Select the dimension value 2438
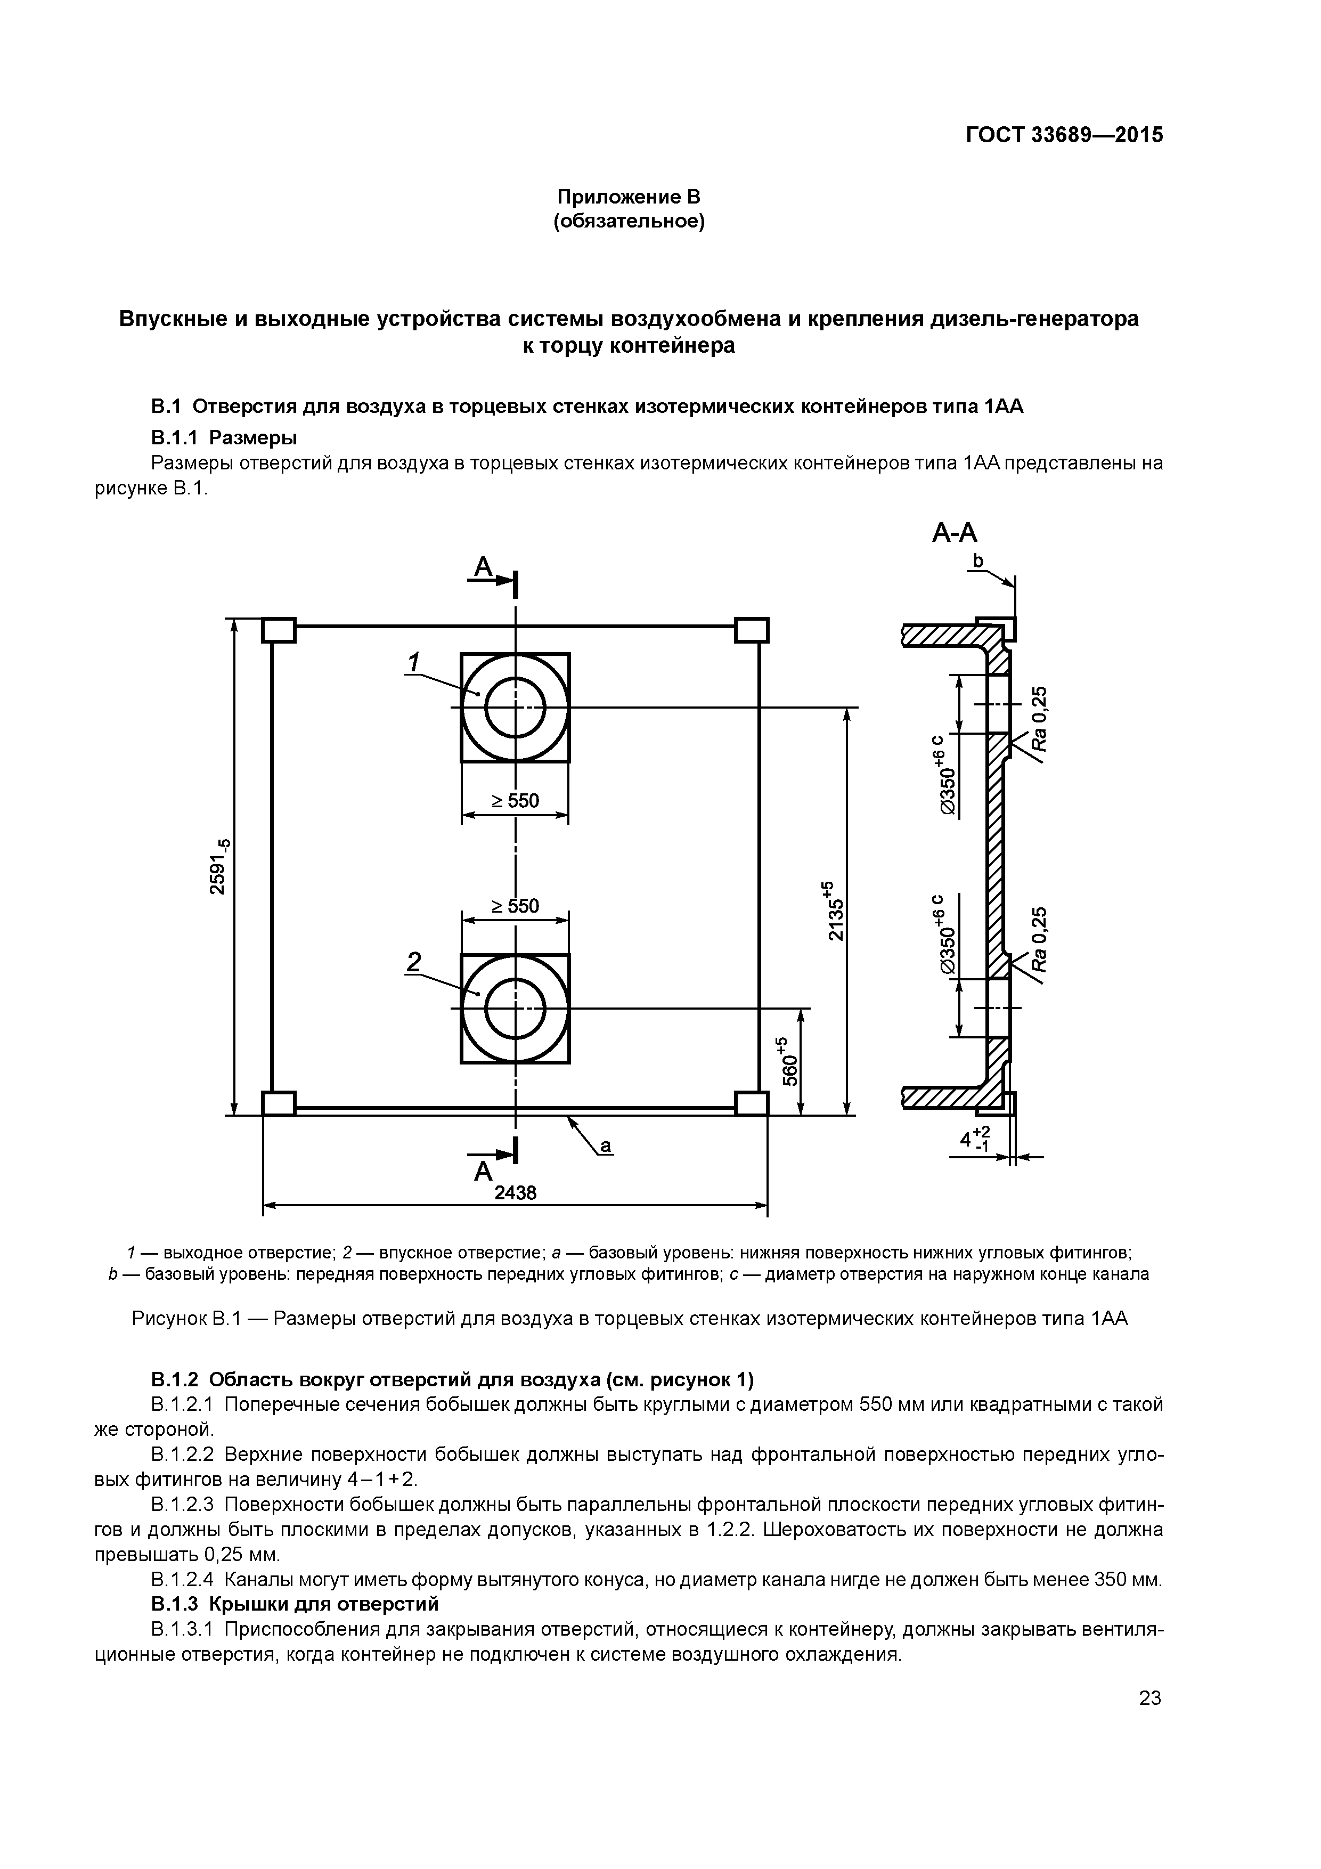pos(515,1193)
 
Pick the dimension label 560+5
pos(789,1061)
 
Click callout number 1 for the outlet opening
pos(413,663)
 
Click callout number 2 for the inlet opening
pos(413,962)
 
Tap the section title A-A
pos(954,533)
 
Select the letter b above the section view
pos(978,561)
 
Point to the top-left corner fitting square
pos(279,630)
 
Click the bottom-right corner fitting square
pos(751,1104)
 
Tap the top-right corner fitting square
pos(751,630)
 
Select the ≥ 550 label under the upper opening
pos(515,801)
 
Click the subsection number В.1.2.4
pos(182,1580)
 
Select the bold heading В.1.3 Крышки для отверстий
pos(295,1604)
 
